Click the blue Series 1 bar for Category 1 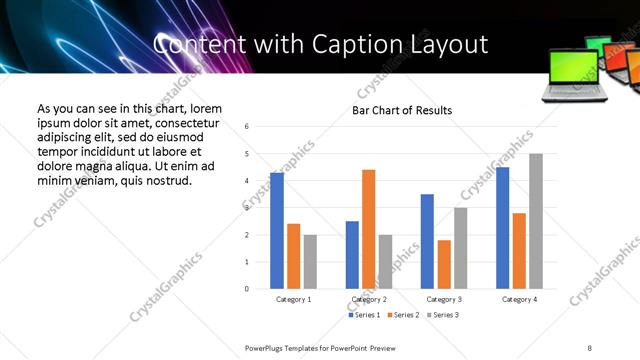point(277,231)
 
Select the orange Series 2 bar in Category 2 point(369,229)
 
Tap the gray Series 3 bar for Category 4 point(536,221)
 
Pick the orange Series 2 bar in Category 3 point(444,264)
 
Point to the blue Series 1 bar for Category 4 point(503,228)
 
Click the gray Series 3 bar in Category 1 point(310,262)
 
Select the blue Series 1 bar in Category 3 point(427,241)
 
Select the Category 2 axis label point(369,300)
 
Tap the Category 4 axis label point(519,300)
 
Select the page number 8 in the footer point(590,347)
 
